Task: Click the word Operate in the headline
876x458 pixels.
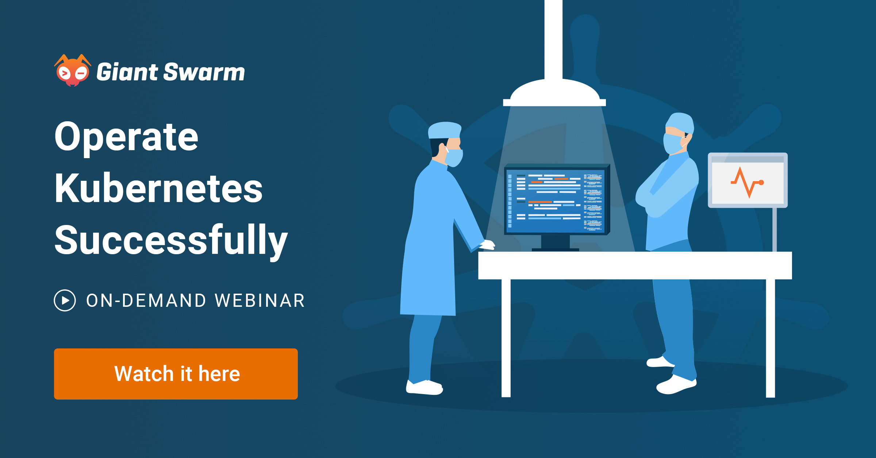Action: point(126,138)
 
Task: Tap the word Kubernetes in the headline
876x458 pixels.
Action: point(158,188)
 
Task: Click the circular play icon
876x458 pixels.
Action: point(65,301)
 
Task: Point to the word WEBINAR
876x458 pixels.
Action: point(260,301)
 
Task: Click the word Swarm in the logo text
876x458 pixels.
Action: point(204,72)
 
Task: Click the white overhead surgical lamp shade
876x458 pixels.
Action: point(554,93)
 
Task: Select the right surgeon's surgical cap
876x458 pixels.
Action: point(680,123)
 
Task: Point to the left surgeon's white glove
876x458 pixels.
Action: point(487,245)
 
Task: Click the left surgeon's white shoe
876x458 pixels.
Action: point(424,387)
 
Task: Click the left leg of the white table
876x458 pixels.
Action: point(506,338)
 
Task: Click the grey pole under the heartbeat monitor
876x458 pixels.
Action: point(775,230)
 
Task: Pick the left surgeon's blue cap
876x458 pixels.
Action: point(444,130)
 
